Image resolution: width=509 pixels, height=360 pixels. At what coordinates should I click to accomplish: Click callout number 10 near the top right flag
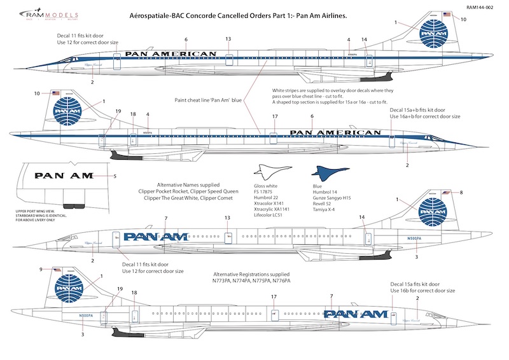tap(463, 20)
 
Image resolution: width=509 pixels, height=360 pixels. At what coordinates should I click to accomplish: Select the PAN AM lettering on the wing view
tap(64, 176)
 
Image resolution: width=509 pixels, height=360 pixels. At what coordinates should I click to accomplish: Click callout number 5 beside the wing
tap(115, 176)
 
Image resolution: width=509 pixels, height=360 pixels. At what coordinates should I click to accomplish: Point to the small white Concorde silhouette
tap(270, 170)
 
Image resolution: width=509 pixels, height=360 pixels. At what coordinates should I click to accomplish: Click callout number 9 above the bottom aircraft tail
tap(41, 269)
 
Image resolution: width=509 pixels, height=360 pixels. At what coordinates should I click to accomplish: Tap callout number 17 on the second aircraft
tap(274, 116)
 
